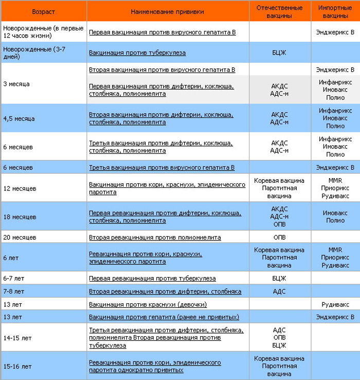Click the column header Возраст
pyautogui.click(x=43, y=11)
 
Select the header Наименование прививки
pyautogui.click(x=167, y=11)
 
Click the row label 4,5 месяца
pyautogui.click(x=19, y=118)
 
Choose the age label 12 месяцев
pyautogui.click(x=20, y=188)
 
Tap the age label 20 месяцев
pyautogui.click(x=20, y=238)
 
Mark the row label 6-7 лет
pyautogui.click(x=14, y=279)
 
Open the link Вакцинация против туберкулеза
pyautogui.click(x=137, y=53)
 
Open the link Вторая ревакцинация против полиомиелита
pyautogui.click(x=155, y=238)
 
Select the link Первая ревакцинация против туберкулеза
pyautogui.click(x=152, y=279)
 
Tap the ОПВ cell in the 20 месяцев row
pyautogui.click(x=280, y=238)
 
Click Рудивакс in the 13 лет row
pyautogui.click(x=335, y=304)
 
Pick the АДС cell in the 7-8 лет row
pyautogui.click(x=280, y=291)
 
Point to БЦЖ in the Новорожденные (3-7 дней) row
pyautogui.click(x=280, y=53)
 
